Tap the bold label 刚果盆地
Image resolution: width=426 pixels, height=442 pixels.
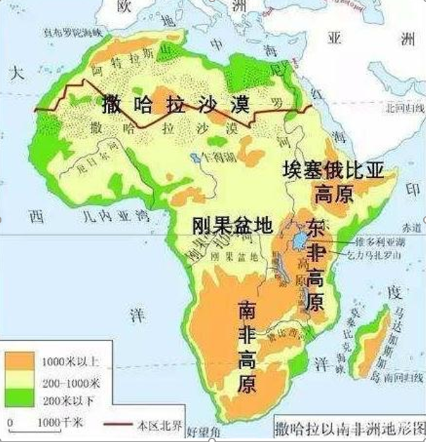231,225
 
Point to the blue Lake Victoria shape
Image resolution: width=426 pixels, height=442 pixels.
300,241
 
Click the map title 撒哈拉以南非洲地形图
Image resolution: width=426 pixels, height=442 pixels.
348,428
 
